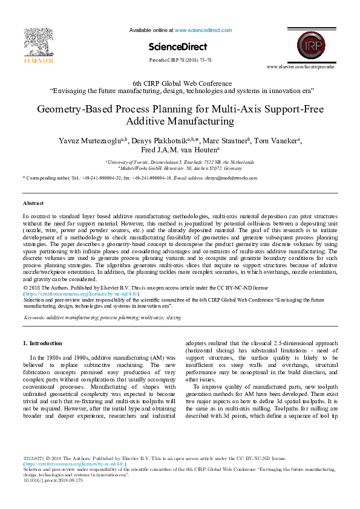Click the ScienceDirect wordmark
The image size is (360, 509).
pos(178,47)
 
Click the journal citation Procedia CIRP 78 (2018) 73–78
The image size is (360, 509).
pos(180,61)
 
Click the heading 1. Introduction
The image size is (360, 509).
pos(42,343)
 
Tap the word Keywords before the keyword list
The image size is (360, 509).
pos(34,317)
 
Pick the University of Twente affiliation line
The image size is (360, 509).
pos(180,162)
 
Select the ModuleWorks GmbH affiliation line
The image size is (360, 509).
pos(180,169)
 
